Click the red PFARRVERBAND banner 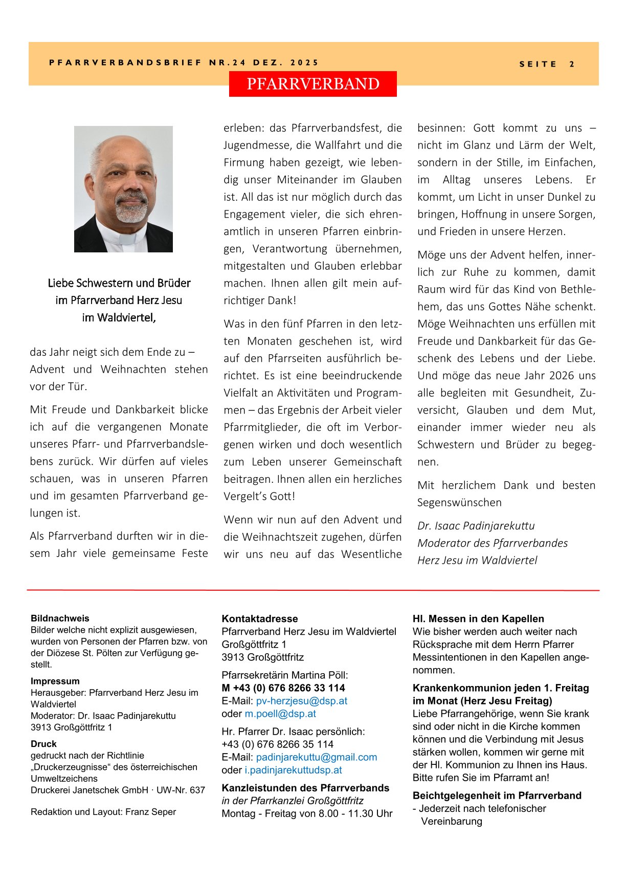tap(312, 84)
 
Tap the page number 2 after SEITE tap(572, 65)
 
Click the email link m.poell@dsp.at tap(280, 714)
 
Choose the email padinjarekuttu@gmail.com tap(317, 757)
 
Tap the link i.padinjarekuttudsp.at tap(293, 770)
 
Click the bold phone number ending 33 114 tap(283, 688)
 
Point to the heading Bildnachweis tap(60, 618)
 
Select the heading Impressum tap(55, 681)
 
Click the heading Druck tap(43, 744)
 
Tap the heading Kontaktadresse tap(260, 619)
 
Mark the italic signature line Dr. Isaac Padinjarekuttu tap(476, 526)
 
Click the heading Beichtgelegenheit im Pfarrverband tap(497, 796)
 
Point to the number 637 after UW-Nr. tap(197, 790)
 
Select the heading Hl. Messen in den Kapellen tap(478, 619)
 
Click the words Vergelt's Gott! tap(259, 497)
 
